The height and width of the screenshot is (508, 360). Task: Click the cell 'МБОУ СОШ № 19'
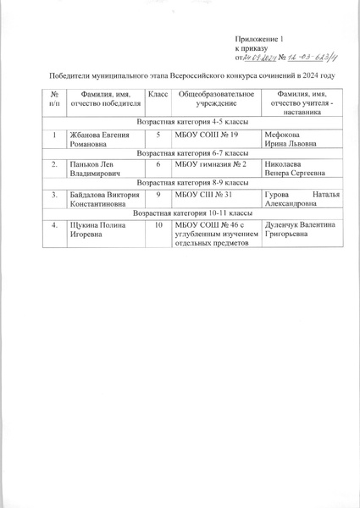click(207, 135)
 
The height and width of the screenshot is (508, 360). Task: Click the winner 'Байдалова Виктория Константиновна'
click(99, 200)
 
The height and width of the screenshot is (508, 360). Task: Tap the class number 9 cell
click(158, 195)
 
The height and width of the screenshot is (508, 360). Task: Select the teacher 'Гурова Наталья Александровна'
click(291, 200)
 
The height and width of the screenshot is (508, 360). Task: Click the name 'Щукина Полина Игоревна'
click(94, 230)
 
